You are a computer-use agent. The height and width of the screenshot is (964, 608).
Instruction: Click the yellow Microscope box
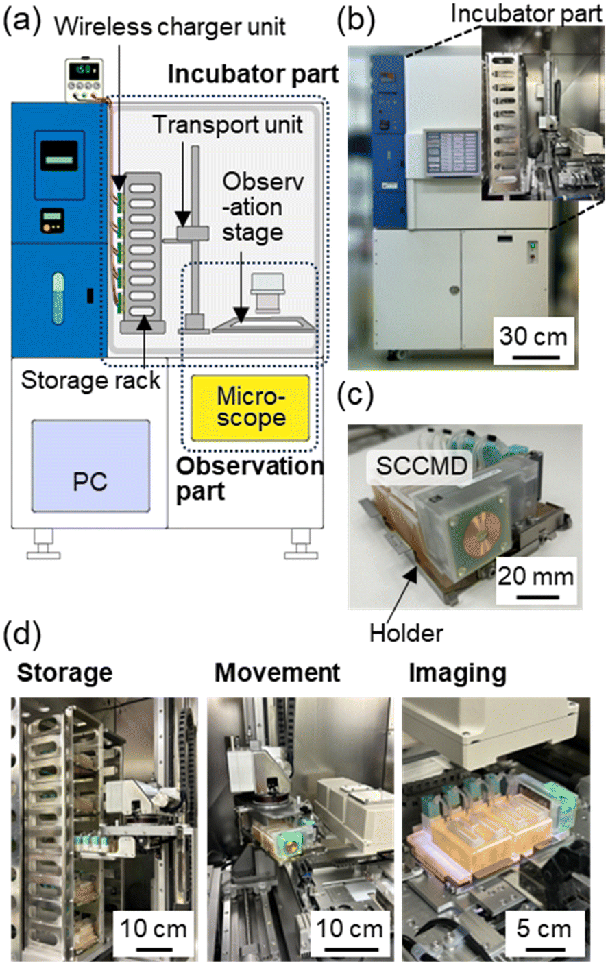pyautogui.click(x=250, y=408)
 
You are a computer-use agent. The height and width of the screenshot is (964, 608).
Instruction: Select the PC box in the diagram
pyautogui.click(x=90, y=466)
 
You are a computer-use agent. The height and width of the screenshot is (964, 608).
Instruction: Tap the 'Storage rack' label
pyautogui.click(x=90, y=380)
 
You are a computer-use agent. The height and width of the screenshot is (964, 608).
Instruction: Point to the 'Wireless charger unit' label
pyautogui.click(x=170, y=27)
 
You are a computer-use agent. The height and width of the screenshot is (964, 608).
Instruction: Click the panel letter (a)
pyautogui.click(x=25, y=23)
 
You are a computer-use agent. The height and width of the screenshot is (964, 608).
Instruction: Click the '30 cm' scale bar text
pyautogui.click(x=533, y=337)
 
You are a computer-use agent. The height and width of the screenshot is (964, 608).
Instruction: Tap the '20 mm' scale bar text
pyautogui.click(x=535, y=576)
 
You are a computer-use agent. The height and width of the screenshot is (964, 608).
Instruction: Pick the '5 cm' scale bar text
pyautogui.click(x=544, y=929)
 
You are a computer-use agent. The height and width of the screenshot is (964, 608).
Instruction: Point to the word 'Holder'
pyautogui.click(x=406, y=633)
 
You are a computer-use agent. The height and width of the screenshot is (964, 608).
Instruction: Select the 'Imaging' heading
pyautogui.click(x=457, y=673)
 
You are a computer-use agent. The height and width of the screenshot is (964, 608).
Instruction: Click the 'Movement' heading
pyautogui.click(x=277, y=673)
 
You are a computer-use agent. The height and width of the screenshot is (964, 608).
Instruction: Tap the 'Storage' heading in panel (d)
pyautogui.click(x=64, y=673)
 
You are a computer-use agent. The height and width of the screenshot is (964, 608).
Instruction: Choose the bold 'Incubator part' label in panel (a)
pyautogui.click(x=253, y=74)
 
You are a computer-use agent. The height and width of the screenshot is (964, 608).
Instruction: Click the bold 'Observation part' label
pyautogui.click(x=249, y=479)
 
